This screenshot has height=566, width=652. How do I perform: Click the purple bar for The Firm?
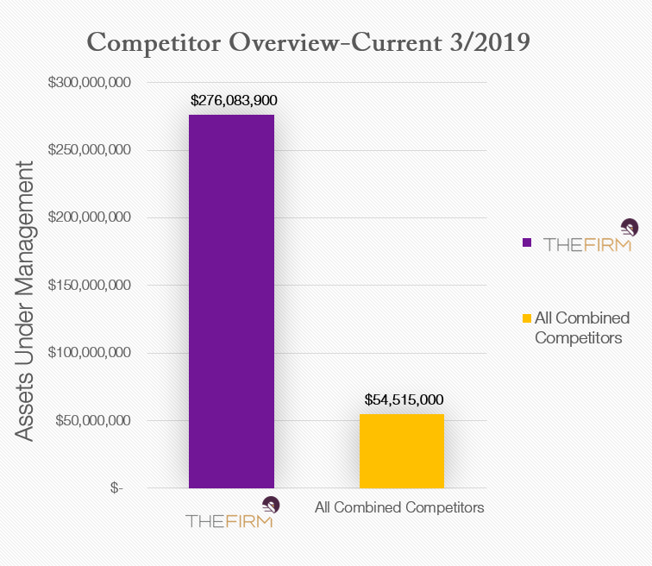click(x=231, y=301)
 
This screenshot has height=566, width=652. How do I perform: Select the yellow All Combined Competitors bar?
click(x=402, y=450)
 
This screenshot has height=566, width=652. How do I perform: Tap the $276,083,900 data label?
click(x=233, y=100)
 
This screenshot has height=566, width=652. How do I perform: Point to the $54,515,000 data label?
click(x=404, y=399)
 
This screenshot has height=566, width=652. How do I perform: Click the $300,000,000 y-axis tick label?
click(x=91, y=83)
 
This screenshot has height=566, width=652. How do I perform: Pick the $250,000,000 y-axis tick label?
click(x=91, y=150)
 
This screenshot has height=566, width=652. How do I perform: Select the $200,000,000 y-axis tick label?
click(x=91, y=217)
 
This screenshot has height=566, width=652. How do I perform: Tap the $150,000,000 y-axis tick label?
click(x=91, y=285)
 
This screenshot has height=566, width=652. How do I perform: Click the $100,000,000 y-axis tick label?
click(x=91, y=353)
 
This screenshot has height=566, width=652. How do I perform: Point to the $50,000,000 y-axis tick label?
click(x=94, y=420)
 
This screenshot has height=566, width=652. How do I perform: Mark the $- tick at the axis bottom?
click(x=116, y=487)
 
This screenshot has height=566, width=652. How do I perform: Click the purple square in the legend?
click(x=527, y=242)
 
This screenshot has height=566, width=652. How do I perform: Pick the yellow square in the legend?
click(x=527, y=319)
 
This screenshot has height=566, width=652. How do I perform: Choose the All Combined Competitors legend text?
click(x=582, y=328)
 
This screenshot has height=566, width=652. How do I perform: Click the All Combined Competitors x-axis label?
click(x=399, y=507)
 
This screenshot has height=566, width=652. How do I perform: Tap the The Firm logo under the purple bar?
click(x=231, y=514)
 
